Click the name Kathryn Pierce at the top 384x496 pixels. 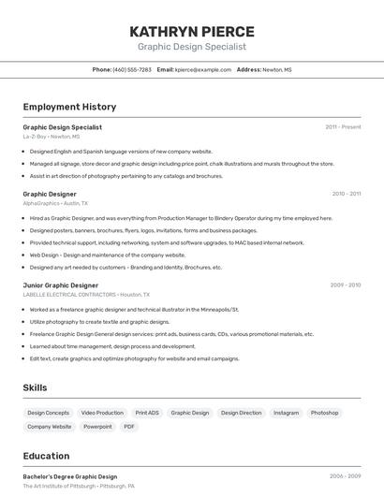click(192, 31)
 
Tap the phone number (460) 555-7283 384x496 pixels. click(132, 69)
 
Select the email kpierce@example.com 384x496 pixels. click(203, 69)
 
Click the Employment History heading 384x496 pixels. click(69, 107)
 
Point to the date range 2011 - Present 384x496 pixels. click(343, 127)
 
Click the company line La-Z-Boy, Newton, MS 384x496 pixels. click(52, 137)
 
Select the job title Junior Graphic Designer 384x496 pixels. click(60, 285)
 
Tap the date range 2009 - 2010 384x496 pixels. click(345, 285)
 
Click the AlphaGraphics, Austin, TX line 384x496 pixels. click(55, 203)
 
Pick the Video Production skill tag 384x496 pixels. click(102, 413)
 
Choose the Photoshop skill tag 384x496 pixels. click(324, 413)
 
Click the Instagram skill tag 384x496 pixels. click(286, 413)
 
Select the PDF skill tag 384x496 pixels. click(129, 427)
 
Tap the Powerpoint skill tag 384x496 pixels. click(97, 427)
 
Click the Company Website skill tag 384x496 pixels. click(49, 427)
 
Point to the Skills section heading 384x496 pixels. click(35, 387)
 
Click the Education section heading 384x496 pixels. click(46, 456)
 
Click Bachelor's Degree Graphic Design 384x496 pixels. click(70, 476)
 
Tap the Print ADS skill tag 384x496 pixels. click(147, 413)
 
